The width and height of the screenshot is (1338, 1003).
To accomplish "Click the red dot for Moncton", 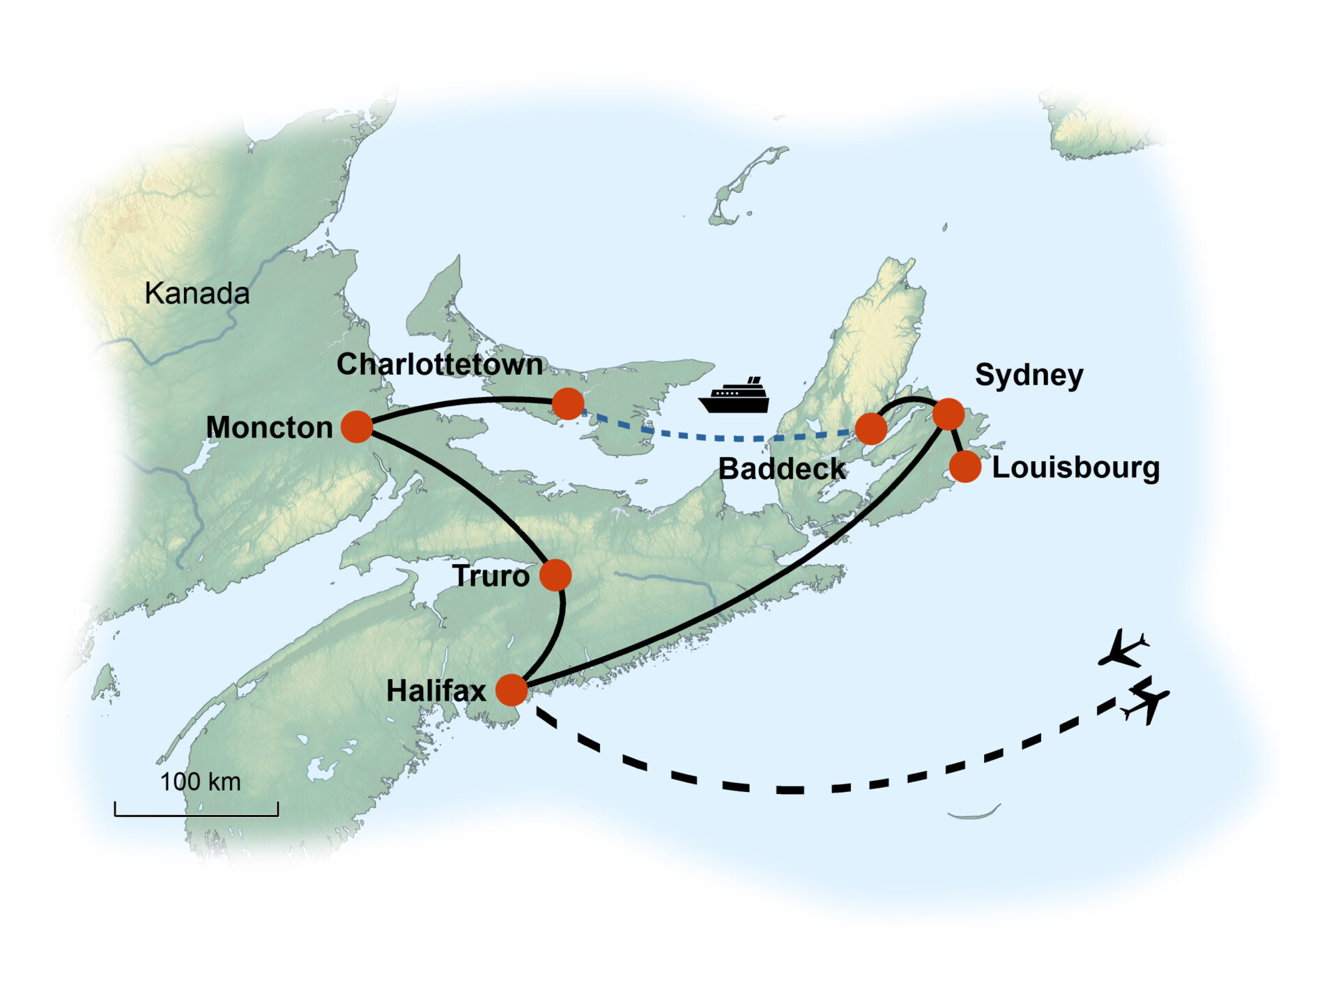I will tap(357, 426).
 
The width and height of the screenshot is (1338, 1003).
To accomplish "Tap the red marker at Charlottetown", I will tap(568, 404).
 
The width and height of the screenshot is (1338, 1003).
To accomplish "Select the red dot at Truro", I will tap(555, 575).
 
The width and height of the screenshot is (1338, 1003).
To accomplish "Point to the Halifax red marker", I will tap(512, 690).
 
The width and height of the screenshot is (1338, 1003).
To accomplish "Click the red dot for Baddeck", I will tap(871, 428).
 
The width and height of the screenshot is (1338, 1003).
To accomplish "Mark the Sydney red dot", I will tap(948, 414).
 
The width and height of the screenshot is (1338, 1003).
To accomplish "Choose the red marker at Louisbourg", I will tap(965, 467).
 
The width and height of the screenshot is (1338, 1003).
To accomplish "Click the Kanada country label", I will tap(197, 293).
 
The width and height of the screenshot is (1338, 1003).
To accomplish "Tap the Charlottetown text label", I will tap(439, 364).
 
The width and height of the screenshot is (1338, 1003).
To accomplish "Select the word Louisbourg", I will tap(1075, 467).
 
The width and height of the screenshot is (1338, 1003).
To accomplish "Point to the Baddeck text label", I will tap(781, 469).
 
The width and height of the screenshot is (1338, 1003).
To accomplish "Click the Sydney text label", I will tap(1029, 375).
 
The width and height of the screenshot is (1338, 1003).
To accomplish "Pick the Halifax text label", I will tap(436, 691).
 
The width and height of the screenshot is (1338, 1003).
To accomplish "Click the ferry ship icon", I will tap(734, 397).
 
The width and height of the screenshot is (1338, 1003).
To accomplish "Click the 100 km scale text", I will tap(200, 782).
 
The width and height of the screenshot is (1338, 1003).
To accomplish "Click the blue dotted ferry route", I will tap(725, 438).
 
